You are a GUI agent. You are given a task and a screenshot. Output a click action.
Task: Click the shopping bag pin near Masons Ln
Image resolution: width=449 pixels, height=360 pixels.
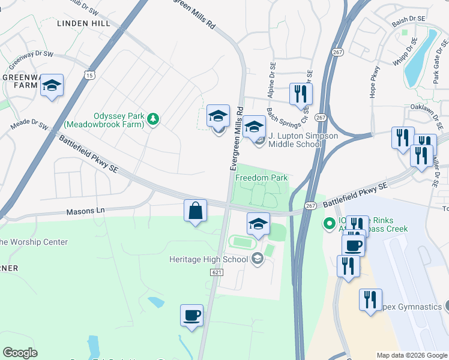pos(195,211)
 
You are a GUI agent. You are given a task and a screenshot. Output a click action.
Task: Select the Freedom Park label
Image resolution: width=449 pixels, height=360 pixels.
pos(261,178)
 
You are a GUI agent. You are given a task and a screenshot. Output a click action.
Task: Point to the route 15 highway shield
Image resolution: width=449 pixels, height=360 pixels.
pos(89,75)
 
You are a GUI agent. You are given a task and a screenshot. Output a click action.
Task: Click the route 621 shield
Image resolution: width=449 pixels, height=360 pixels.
pos(217,272)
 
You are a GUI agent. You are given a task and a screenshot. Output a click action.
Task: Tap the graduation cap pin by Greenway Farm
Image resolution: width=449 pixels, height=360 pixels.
pos(52,87)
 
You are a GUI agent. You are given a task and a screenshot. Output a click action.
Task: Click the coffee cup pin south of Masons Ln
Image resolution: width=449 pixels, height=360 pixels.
pos(191,316)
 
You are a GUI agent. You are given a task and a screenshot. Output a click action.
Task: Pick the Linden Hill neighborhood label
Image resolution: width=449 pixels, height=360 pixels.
pos(83,23)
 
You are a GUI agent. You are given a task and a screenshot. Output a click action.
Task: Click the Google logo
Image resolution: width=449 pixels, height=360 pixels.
pos(20,353)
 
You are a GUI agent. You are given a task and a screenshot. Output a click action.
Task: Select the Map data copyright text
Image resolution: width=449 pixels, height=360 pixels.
pos(411,355)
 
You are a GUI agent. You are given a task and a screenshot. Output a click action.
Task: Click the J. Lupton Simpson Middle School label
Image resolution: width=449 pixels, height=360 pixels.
pos(303,140)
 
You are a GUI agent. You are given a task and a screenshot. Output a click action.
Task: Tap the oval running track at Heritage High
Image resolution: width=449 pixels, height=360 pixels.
pos(243,242)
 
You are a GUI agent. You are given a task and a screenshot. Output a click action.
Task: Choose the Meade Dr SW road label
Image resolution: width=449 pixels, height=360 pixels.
pos(29,126)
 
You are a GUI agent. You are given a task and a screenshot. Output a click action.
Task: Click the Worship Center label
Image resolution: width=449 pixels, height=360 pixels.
pos(34,242)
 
